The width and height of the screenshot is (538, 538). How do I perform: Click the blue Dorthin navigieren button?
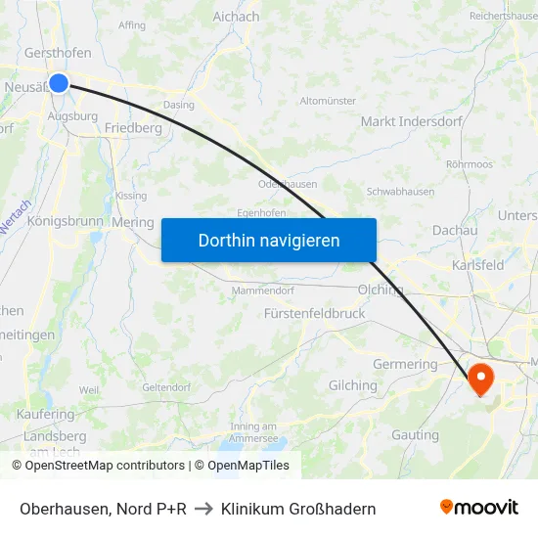[269, 240]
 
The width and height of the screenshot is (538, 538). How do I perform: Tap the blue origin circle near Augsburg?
[59, 83]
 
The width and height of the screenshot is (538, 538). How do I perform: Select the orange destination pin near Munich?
[482, 378]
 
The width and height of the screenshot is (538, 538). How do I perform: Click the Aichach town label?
[236, 17]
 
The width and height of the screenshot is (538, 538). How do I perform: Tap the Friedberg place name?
[133, 128]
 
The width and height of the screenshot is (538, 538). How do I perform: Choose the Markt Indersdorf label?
[404, 121]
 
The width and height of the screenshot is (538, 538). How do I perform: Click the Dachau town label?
[454, 231]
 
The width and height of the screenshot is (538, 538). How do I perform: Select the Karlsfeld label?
[478, 265]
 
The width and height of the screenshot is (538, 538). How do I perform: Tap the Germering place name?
[406, 364]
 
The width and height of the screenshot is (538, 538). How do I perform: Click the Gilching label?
[353, 385]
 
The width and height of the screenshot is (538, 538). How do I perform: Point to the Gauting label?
[415, 434]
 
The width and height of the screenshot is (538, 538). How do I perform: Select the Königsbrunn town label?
[66, 221]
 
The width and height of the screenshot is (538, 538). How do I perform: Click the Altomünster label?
[328, 101]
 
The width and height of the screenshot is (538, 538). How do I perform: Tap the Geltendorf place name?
[167, 387]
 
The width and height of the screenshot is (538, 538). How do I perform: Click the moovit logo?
[478, 508]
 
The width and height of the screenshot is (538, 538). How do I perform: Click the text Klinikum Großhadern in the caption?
[298, 509]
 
